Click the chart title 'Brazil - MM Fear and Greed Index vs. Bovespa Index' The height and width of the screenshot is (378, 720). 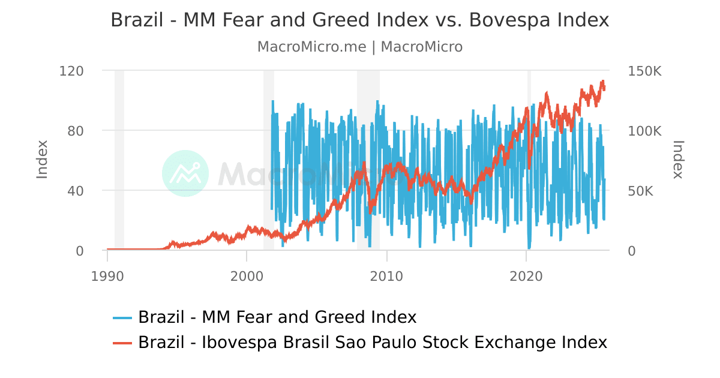coord(360,20)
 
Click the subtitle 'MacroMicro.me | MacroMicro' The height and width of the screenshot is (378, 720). coord(360,47)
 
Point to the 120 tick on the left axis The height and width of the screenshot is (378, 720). coord(71,71)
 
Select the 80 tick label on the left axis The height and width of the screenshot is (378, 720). coord(75,131)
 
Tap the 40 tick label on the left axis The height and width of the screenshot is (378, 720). coord(75,191)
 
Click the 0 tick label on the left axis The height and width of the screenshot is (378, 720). coord(79,251)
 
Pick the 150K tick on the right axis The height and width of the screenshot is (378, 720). coord(644,71)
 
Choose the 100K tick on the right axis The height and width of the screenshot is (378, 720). coord(644,131)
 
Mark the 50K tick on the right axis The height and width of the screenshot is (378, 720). coord(641,191)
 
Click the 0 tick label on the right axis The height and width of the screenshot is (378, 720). coord(631,251)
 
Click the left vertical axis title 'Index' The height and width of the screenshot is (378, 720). coord(42,159)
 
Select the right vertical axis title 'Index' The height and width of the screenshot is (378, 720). coord(678,160)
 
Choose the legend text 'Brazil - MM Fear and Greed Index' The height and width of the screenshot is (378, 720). coord(277,317)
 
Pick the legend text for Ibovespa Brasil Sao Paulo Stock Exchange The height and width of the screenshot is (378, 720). coord(373,342)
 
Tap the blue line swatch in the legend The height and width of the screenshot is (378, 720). coord(122,317)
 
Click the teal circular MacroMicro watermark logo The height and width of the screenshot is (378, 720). coord(185,173)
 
